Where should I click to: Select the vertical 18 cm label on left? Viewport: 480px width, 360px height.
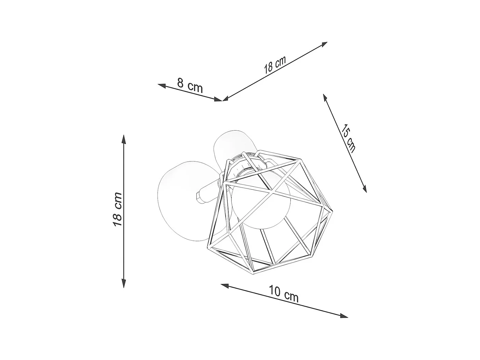117,209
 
